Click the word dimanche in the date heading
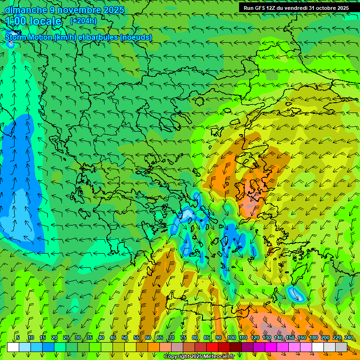(26, 10)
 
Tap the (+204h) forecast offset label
(83, 21)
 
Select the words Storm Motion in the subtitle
(29, 37)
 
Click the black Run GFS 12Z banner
(296, 8)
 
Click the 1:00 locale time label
(34, 21)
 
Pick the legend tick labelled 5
(18, 337)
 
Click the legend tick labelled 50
(124, 337)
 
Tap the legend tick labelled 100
(231, 337)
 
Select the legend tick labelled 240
(348, 337)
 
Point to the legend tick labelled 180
(313, 337)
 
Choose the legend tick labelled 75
(183, 337)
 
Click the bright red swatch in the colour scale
(212, 347)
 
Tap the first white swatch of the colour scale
(13, 347)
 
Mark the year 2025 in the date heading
(113, 10)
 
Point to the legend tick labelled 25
(66, 337)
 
